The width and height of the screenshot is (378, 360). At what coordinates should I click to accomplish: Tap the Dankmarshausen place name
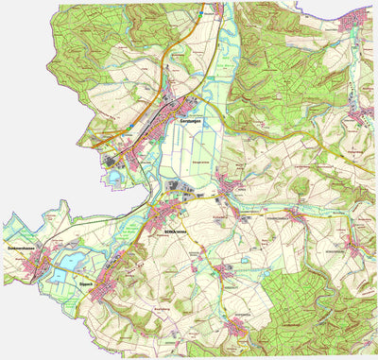pyautogui.click(x=22, y=248)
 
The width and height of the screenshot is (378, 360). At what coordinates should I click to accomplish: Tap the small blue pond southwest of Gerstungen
pyautogui.click(x=115, y=176)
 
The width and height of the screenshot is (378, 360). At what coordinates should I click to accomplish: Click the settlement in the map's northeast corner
pyautogui.click(x=360, y=19)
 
